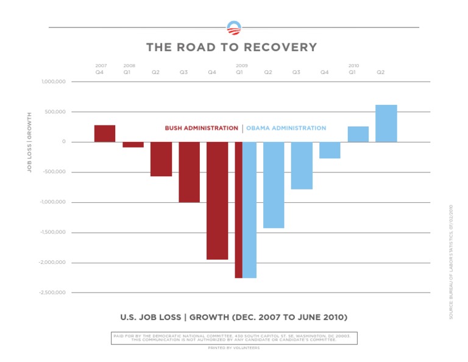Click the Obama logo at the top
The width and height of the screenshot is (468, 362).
(x=234, y=27)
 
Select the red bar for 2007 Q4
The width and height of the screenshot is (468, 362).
(x=105, y=133)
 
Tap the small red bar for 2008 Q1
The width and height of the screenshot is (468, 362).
(x=133, y=144)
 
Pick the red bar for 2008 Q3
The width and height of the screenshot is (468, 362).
(x=190, y=172)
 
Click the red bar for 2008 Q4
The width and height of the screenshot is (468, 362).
(x=218, y=201)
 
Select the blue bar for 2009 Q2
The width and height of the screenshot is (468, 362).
(x=274, y=185)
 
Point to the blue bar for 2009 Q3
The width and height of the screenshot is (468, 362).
(x=302, y=165)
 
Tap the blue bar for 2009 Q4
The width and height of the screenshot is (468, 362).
(x=330, y=150)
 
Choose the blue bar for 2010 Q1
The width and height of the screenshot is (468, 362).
(x=358, y=134)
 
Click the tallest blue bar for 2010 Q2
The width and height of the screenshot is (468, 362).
(x=386, y=123)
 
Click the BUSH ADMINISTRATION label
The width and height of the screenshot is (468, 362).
(x=201, y=129)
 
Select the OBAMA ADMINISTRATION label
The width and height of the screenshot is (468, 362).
(x=286, y=129)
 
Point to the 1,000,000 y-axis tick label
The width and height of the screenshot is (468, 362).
(x=54, y=82)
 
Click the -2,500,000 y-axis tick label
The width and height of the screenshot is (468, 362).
(x=52, y=293)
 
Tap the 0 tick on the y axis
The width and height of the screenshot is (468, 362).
(x=63, y=142)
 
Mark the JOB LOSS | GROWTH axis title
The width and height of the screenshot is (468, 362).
(x=29, y=142)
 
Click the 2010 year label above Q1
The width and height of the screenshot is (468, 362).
(x=353, y=65)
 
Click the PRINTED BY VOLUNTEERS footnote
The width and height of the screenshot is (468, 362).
(x=234, y=348)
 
